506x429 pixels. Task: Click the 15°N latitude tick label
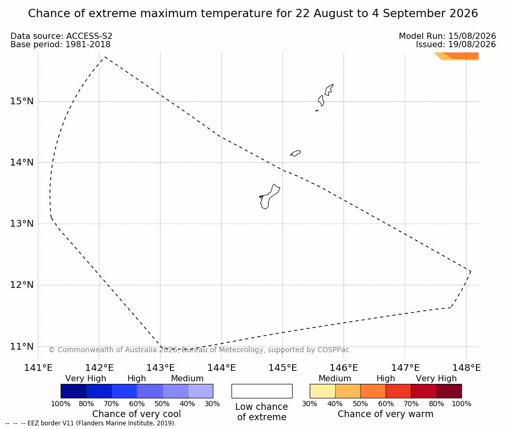22,101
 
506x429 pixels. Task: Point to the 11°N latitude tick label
22,347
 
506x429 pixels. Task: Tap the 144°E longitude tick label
221,368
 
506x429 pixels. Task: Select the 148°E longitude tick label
466,368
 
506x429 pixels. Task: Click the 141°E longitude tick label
38,368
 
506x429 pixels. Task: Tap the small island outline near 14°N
296,153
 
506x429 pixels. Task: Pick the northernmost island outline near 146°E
329,90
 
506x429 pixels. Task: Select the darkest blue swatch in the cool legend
74,391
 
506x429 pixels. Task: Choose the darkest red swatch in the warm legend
449,391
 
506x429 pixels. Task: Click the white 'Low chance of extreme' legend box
262,391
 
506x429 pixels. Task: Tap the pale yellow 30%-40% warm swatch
323,391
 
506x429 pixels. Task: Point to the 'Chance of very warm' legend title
386,414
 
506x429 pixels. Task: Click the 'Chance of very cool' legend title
137,414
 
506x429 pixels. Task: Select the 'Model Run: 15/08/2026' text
447,36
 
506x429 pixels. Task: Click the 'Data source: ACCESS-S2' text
61,36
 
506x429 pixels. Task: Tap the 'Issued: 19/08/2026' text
456,44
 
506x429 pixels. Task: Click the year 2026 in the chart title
463,13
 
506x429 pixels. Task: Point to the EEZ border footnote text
90,423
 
